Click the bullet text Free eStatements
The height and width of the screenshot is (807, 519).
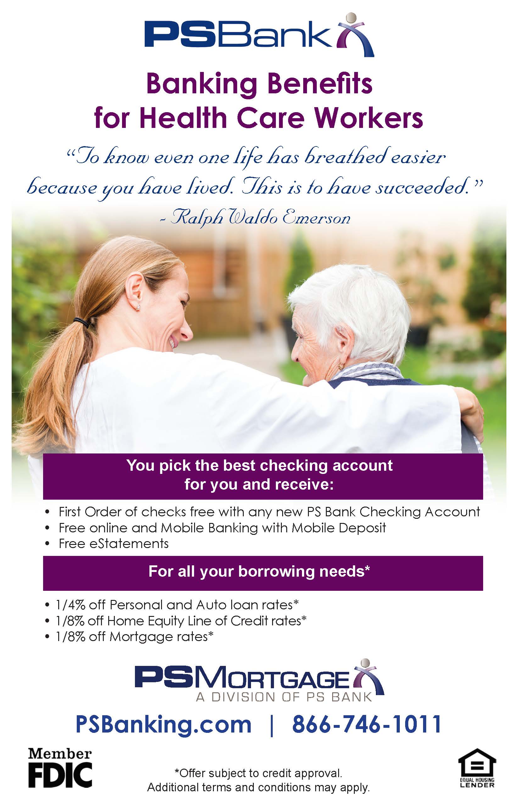(114, 544)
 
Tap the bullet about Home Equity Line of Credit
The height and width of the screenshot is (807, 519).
(181, 620)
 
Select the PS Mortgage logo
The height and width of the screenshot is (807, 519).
(259, 680)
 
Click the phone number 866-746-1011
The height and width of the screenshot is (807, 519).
(367, 723)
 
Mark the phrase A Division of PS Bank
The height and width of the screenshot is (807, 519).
(284, 697)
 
